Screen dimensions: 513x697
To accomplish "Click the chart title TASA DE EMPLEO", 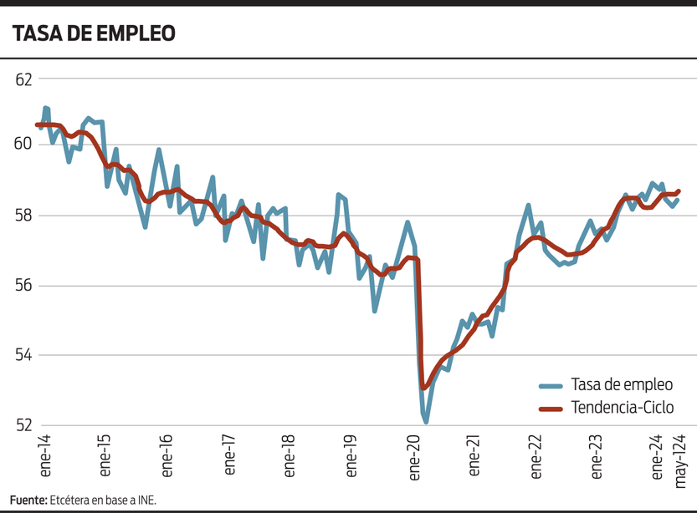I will click(x=93, y=33).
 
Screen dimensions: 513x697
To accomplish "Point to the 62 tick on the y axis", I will click(x=23, y=79).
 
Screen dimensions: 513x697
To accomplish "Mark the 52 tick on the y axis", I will click(x=23, y=425).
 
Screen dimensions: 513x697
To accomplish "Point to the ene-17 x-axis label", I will click(x=228, y=455).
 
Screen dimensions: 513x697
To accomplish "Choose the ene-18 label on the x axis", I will click(x=290, y=455).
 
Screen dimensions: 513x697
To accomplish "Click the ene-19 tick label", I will click(x=351, y=455).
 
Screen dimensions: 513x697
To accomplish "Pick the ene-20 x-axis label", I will click(x=412, y=455).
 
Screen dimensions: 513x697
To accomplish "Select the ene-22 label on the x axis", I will click(x=535, y=455).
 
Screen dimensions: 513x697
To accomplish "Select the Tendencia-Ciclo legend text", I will click(x=622, y=408).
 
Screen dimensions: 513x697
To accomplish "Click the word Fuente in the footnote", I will click(x=28, y=500).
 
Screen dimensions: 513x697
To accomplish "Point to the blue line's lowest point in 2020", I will click(x=426, y=422).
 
